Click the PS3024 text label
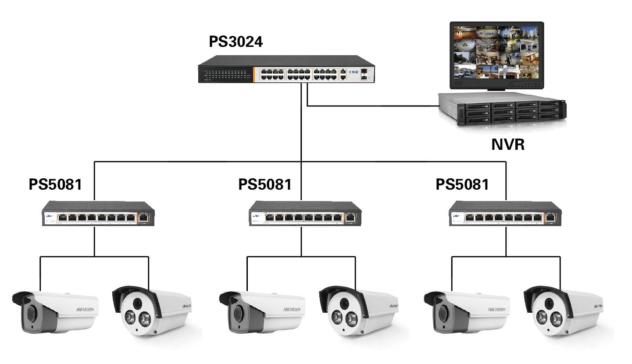pos(236,42)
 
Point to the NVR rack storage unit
pos(503,109)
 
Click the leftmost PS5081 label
pos(55,184)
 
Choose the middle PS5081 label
pos(265,184)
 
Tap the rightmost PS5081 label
pos(462,184)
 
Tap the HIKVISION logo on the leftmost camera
pos(85,310)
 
